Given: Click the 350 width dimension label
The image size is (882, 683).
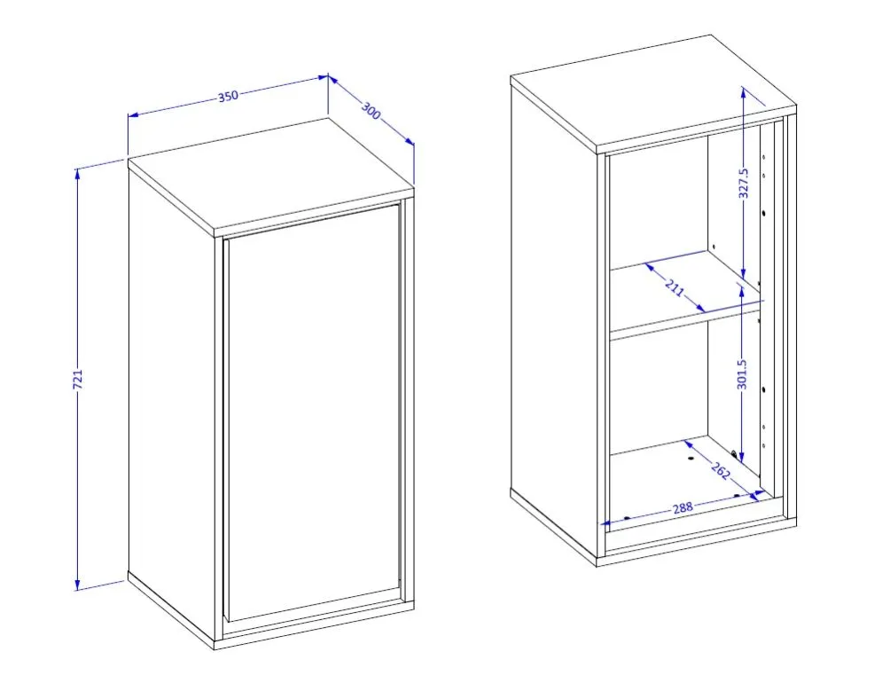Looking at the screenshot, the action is point(228,96).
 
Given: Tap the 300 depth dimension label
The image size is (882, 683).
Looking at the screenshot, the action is point(371,110).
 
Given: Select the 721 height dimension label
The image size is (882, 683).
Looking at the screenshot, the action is point(78,379).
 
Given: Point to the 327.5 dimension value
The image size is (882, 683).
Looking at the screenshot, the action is point(743,183).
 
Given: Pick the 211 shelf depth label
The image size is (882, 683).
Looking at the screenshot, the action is point(675,287).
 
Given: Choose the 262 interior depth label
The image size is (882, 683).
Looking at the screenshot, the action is point(721,470).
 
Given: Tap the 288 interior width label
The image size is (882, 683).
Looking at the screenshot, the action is point(683,508).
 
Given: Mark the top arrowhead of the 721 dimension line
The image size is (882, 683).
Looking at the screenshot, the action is point(77,172).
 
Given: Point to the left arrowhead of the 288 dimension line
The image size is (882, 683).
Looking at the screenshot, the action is point(606,523).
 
